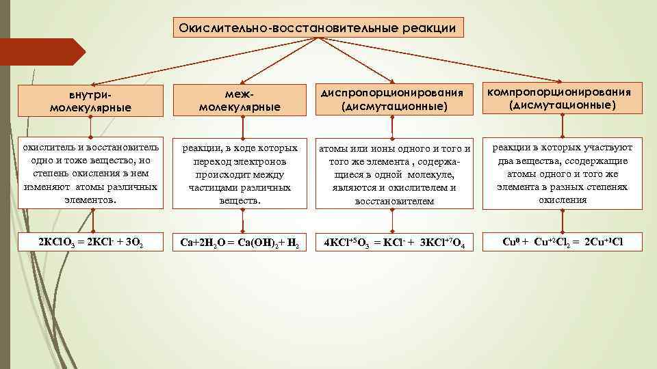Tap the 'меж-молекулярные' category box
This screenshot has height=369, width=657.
coord(240,100)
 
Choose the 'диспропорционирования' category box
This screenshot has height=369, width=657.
coord(393,100)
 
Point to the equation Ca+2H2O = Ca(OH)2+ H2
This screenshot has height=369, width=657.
coord(240,243)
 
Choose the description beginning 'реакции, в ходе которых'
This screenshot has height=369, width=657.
coord(240,174)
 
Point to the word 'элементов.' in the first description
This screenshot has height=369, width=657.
coord(90,200)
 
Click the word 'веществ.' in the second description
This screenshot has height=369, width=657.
coord(240,200)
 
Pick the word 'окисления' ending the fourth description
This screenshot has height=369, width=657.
coord(562,200)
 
